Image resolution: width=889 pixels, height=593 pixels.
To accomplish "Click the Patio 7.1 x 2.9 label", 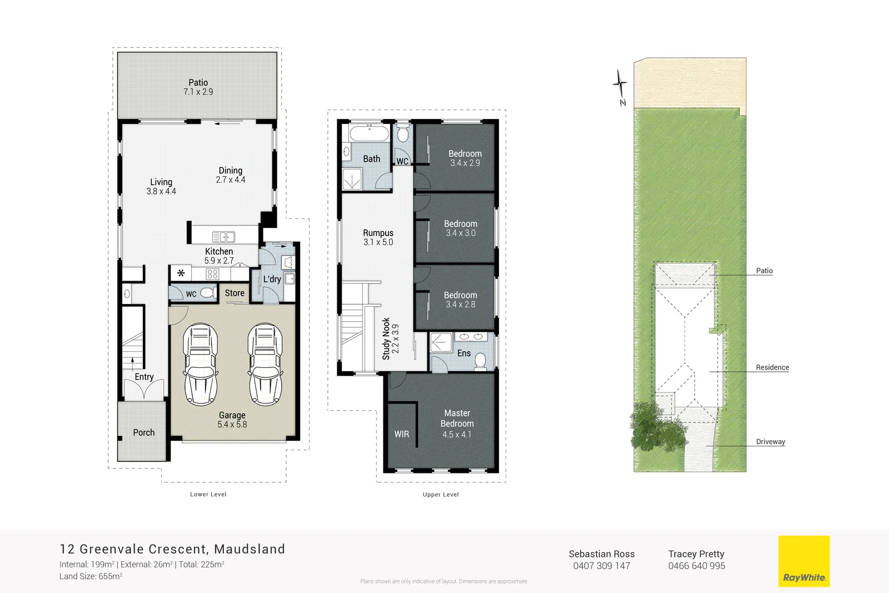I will click(x=198, y=87).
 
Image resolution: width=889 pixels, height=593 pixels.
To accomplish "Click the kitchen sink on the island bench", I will click(x=223, y=237).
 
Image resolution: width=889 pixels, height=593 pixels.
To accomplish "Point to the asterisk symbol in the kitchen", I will click(x=181, y=273).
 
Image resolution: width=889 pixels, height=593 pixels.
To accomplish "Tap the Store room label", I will click(x=234, y=293).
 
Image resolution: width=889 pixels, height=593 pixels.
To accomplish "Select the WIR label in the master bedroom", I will click(x=402, y=434).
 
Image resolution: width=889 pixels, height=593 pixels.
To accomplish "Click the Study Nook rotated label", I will click(x=391, y=339).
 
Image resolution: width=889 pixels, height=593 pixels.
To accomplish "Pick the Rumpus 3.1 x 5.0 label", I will click(x=378, y=237).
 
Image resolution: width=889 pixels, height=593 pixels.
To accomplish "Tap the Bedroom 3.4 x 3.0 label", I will click(x=461, y=228).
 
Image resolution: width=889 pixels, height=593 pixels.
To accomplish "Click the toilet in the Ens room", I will click(x=481, y=362).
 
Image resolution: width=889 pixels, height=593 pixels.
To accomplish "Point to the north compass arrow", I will click(x=620, y=86).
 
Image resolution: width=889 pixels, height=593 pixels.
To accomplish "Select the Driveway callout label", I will click(x=770, y=442).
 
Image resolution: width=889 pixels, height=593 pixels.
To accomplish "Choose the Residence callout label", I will click(x=772, y=367).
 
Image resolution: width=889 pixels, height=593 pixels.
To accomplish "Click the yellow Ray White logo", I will click(x=803, y=561).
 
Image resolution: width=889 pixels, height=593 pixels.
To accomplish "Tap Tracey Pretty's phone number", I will click(x=696, y=566).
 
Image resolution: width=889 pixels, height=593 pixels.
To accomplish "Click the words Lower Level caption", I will click(x=208, y=494).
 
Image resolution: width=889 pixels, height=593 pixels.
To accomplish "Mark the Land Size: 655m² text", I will click(x=91, y=576).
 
